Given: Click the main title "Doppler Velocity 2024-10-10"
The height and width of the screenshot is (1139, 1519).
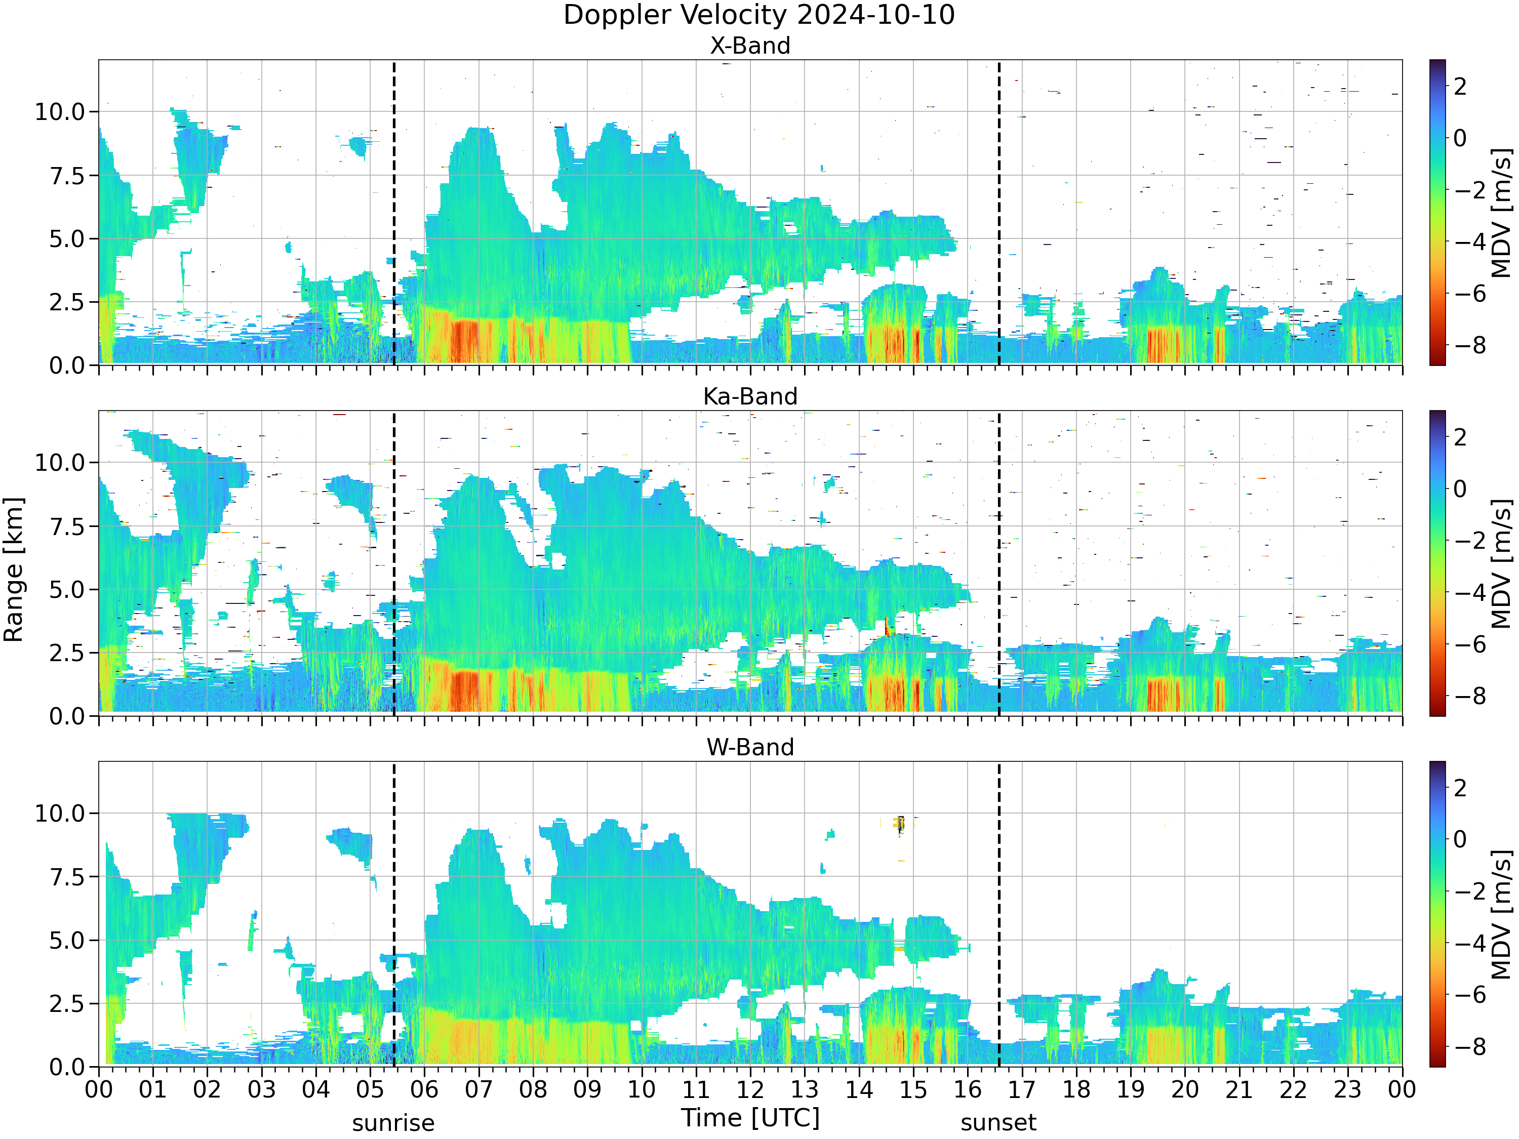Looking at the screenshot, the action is point(759,15).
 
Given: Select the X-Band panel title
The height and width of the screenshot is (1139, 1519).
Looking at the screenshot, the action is point(750,46).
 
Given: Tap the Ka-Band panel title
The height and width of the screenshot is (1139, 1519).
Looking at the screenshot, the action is point(750,396).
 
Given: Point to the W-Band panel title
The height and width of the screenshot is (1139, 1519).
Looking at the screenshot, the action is point(750,747).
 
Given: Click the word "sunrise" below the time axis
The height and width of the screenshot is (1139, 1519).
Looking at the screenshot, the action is point(393,1124).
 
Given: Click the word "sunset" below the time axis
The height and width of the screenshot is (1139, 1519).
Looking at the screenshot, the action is point(998,1123).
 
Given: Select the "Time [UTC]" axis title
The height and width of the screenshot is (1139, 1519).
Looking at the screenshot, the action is point(750,1118).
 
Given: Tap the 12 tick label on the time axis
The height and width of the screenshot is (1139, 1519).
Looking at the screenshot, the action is point(750,1089).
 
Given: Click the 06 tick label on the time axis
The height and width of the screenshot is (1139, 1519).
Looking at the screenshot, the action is point(424,1089).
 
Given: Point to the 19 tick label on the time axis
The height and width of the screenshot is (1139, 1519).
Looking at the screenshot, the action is point(1130,1089).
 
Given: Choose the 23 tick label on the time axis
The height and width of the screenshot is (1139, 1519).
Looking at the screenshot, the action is point(1347,1089).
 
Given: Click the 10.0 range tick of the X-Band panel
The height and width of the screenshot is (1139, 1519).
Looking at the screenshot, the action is point(60,111).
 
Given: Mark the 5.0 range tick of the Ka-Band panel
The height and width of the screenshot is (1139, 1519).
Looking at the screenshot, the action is point(67,590).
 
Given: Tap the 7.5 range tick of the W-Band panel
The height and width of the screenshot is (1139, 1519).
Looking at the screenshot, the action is point(67,877).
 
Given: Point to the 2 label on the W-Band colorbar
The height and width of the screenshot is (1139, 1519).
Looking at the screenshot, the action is point(1460,788).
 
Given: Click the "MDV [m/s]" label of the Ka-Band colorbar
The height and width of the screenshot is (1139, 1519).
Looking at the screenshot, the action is point(1502,563).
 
